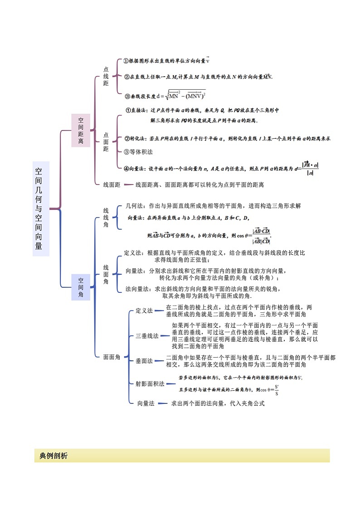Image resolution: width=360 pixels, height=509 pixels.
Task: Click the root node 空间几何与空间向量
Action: [x=41, y=208]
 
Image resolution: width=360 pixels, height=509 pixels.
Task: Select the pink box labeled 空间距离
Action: [x=81, y=131]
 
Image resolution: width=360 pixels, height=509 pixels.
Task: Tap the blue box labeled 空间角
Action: [x=81, y=287]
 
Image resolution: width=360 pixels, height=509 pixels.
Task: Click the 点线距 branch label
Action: [x=106, y=76]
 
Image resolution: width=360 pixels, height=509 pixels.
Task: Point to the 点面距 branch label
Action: [x=106, y=142]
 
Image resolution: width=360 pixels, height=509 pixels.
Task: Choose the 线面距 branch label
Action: [x=112, y=184]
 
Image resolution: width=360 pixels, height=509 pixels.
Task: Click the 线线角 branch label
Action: [x=106, y=218]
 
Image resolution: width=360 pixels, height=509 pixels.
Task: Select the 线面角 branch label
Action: [x=106, y=275]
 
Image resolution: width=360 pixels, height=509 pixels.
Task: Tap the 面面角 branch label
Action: [x=112, y=357]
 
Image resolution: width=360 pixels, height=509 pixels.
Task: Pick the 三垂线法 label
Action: [x=147, y=336]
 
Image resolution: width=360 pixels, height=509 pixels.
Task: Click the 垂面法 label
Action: [x=144, y=361]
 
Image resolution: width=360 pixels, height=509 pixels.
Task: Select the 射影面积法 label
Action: [x=150, y=383]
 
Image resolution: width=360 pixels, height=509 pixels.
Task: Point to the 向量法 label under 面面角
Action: [x=146, y=403]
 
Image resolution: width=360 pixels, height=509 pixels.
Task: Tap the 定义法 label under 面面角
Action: [x=144, y=310]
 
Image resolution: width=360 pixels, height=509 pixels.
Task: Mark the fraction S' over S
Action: [x=277, y=390]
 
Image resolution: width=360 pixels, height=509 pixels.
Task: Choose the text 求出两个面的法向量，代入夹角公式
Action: [x=217, y=403]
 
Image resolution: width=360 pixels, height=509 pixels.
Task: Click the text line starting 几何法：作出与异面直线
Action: [x=213, y=205]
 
